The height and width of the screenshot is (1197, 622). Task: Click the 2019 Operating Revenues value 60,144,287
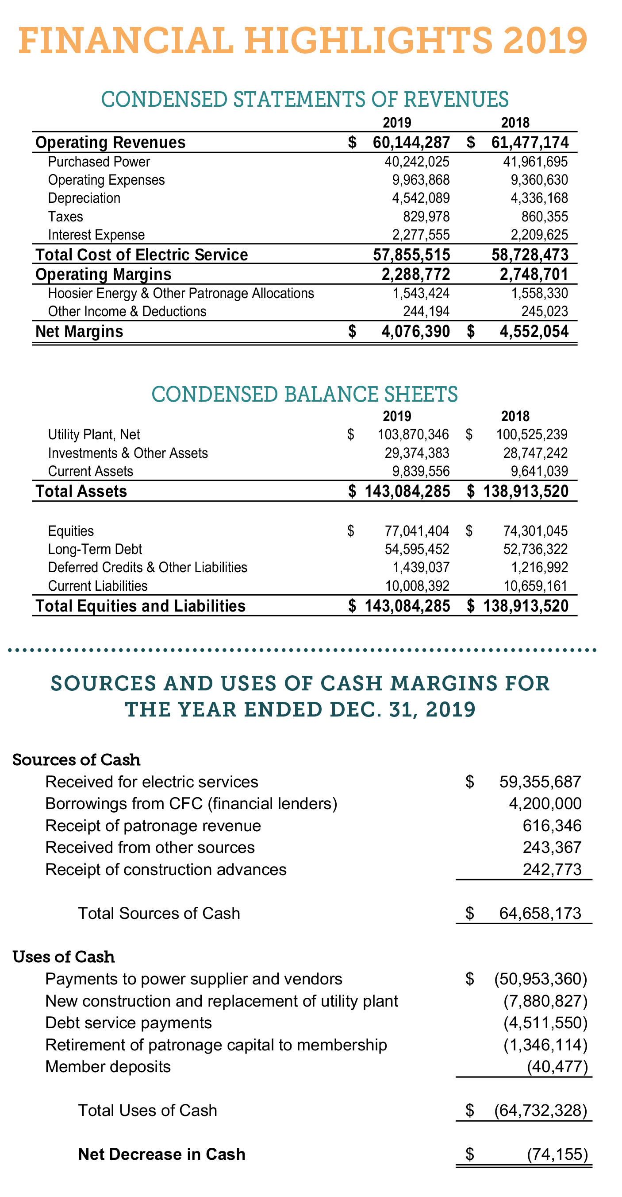(411, 143)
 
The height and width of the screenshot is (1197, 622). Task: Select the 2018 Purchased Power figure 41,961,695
(535, 162)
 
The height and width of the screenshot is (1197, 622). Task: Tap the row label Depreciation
(84, 198)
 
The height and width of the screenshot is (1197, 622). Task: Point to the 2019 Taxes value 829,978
(426, 217)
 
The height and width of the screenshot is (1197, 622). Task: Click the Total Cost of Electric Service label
(142, 255)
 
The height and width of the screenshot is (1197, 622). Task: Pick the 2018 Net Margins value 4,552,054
(534, 331)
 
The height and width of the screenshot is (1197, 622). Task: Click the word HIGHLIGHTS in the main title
(369, 41)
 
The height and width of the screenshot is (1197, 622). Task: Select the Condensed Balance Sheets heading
(304, 394)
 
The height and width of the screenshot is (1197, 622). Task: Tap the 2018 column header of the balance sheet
(515, 416)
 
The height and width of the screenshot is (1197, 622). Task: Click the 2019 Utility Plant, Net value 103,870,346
(413, 434)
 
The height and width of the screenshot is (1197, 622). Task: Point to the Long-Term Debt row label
(95, 549)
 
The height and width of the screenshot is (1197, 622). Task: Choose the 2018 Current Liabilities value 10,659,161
(535, 586)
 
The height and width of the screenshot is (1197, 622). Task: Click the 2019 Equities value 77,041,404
(416, 531)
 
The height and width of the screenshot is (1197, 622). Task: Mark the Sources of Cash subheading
(76, 760)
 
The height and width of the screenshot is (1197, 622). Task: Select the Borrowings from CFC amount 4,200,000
(545, 803)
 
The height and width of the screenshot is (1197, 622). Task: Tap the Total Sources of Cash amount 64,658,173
(540, 913)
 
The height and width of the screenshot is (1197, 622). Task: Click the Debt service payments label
(128, 1023)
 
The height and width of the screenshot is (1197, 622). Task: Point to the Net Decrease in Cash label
(161, 1154)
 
